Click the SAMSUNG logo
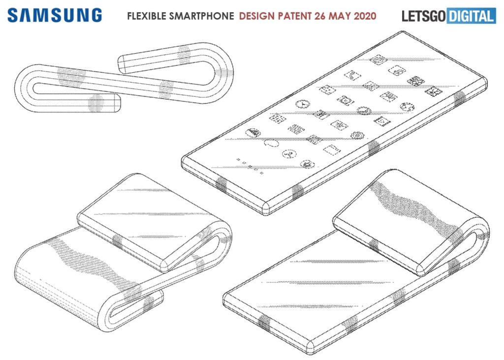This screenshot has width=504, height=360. point(55,15)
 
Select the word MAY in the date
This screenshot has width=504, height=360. point(338,16)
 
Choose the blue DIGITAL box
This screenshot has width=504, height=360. point(471,16)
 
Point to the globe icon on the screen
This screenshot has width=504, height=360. point(407,106)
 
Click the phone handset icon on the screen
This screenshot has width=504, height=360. point(352,75)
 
